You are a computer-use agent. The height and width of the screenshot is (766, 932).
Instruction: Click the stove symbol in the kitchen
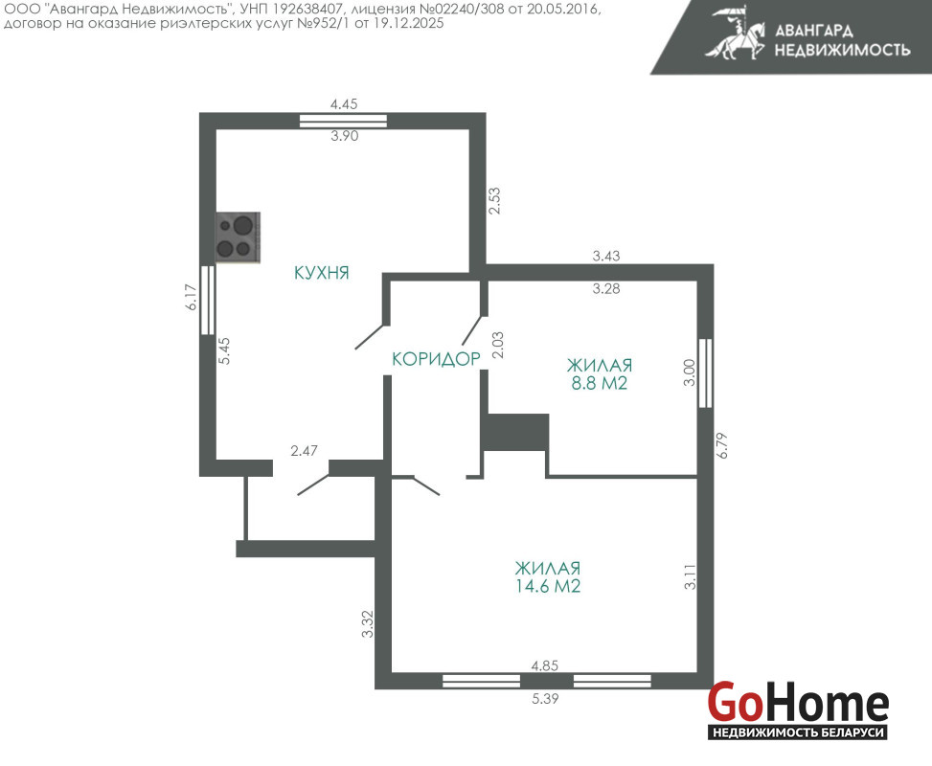[x=238, y=237]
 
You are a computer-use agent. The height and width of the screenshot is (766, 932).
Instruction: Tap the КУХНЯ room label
[x=322, y=273]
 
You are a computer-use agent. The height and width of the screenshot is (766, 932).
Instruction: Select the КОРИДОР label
[x=436, y=359]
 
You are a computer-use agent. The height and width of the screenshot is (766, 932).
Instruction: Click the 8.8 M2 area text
[x=600, y=383]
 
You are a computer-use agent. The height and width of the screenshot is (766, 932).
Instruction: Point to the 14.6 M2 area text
[x=548, y=587]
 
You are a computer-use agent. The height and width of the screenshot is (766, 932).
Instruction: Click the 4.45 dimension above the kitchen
[x=344, y=104]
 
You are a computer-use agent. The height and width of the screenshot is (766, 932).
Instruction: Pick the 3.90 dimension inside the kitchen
[x=345, y=136]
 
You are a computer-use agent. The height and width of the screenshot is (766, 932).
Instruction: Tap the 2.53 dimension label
[x=494, y=201]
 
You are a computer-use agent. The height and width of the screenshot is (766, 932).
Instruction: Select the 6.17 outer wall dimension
[x=191, y=297]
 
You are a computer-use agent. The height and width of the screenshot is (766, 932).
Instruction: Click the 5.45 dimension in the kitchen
[x=224, y=350]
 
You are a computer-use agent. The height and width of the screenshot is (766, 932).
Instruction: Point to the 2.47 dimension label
[x=304, y=451]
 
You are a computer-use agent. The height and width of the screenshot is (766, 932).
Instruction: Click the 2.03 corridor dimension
[x=498, y=345]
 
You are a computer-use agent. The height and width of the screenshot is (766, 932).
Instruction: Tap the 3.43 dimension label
[x=606, y=256]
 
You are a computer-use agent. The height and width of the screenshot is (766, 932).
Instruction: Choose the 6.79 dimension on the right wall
[x=722, y=445]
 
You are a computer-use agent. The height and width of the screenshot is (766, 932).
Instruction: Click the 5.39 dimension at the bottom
[x=545, y=699]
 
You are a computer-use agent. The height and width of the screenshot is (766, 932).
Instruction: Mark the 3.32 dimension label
[x=368, y=624]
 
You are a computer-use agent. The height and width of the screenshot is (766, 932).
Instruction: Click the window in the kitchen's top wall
[x=343, y=121]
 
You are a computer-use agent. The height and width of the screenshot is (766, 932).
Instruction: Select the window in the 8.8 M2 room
[x=705, y=373]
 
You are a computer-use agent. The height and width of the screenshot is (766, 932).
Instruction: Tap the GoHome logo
[x=798, y=710]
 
